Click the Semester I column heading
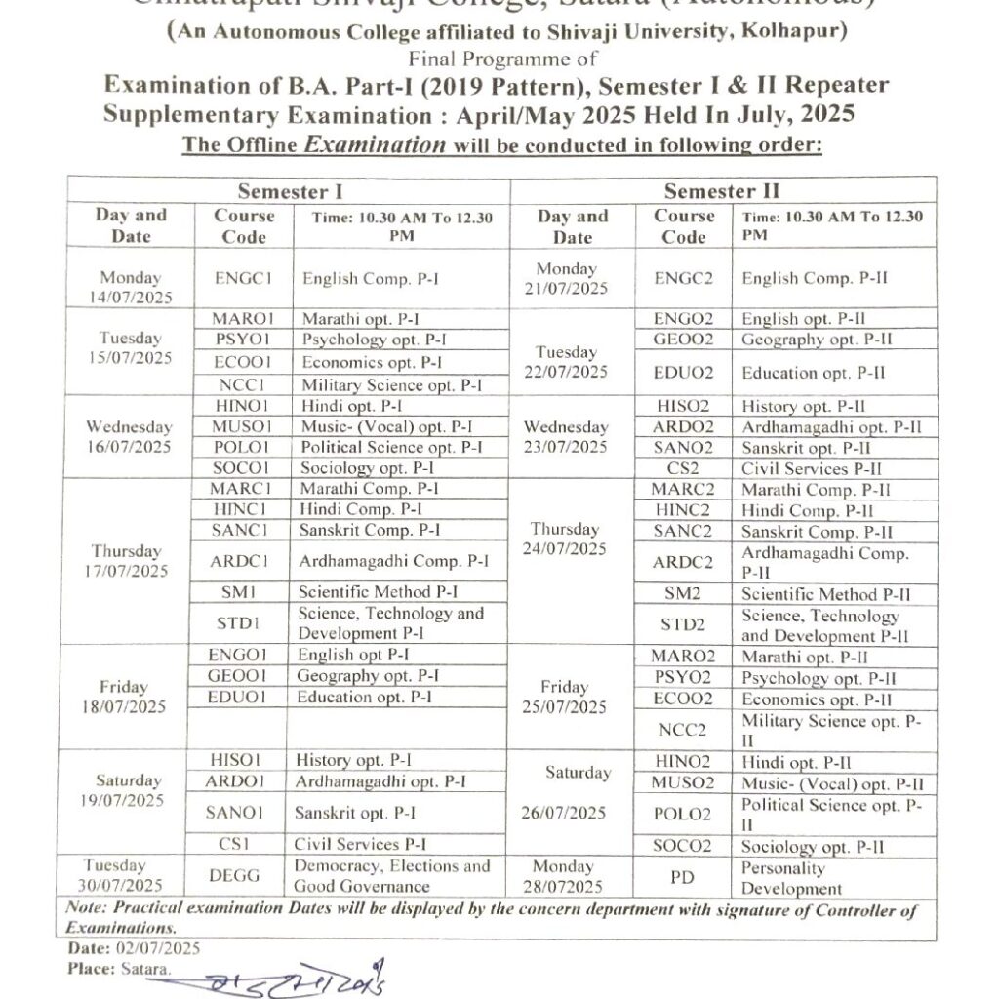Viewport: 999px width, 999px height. (290, 191)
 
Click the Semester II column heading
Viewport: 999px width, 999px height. (721, 191)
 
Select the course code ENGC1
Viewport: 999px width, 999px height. (242, 278)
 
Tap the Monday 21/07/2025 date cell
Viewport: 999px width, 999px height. (572, 278)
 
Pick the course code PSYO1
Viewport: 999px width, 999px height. (242, 340)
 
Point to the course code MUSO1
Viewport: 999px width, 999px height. (242, 426)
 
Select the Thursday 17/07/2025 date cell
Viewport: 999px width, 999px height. (127, 561)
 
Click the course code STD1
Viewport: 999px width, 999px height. (240, 622)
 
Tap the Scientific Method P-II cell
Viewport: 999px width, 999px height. (826, 594)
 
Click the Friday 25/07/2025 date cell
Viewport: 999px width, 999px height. (572, 697)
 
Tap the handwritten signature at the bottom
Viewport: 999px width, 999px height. (292, 979)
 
